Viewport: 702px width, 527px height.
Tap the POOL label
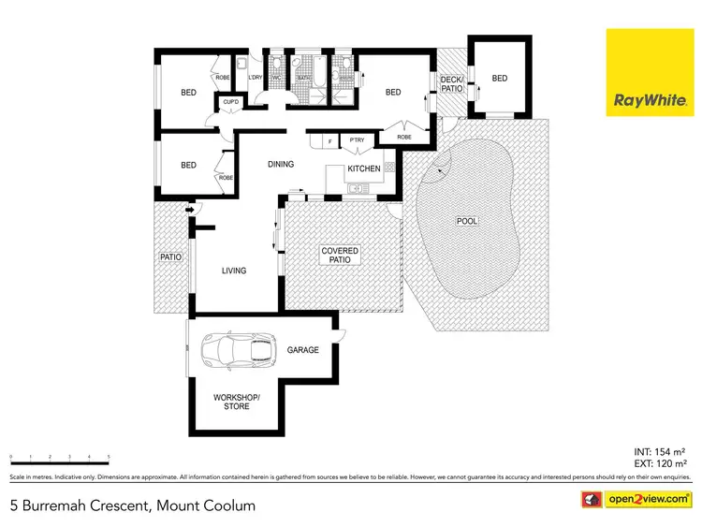(466, 222)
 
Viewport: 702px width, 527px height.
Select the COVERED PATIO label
(340, 255)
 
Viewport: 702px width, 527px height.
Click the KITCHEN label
(364, 168)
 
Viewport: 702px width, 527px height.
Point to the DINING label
(281, 165)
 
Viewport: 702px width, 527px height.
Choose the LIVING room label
(233, 271)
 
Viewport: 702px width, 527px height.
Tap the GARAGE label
(303, 350)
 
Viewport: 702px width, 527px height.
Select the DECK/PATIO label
(452, 85)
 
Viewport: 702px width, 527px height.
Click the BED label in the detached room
(500, 79)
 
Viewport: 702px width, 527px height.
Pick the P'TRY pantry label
(356, 141)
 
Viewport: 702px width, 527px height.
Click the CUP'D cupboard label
(230, 101)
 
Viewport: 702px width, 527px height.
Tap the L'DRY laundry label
(255, 78)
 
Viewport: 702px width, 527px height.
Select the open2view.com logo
(636, 499)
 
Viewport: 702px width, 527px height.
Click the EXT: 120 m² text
(659, 463)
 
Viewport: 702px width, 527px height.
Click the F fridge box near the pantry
(329, 141)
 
